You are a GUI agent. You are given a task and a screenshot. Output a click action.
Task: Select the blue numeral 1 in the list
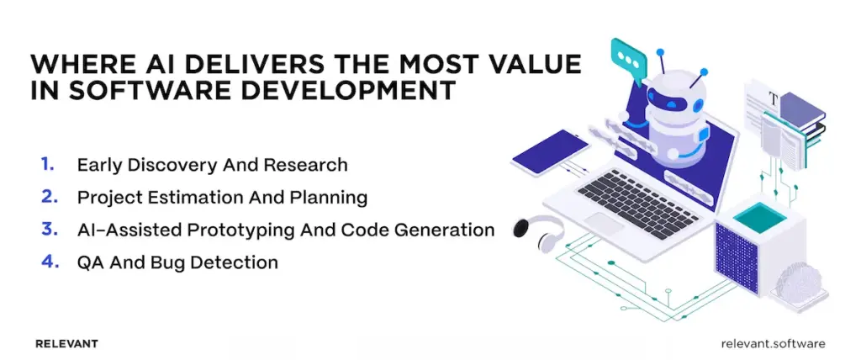[x=46, y=164]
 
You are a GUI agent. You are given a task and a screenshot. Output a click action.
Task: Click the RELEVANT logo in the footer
[x=67, y=343]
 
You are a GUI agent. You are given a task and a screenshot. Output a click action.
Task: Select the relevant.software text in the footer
[x=773, y=343]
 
